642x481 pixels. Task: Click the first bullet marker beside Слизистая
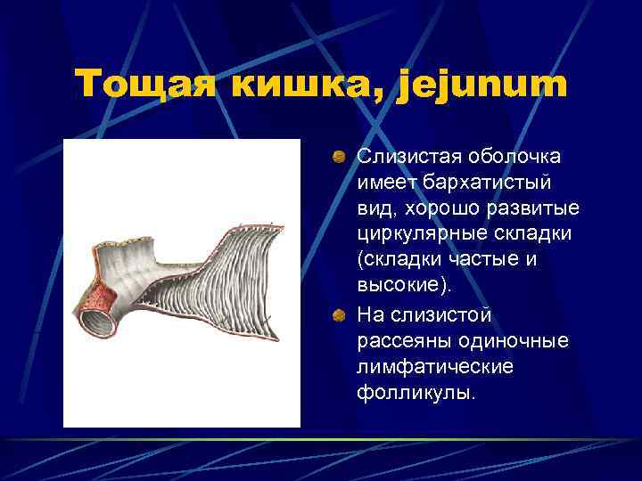339,157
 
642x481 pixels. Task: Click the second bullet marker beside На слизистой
339,315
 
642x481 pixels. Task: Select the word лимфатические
423,368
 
